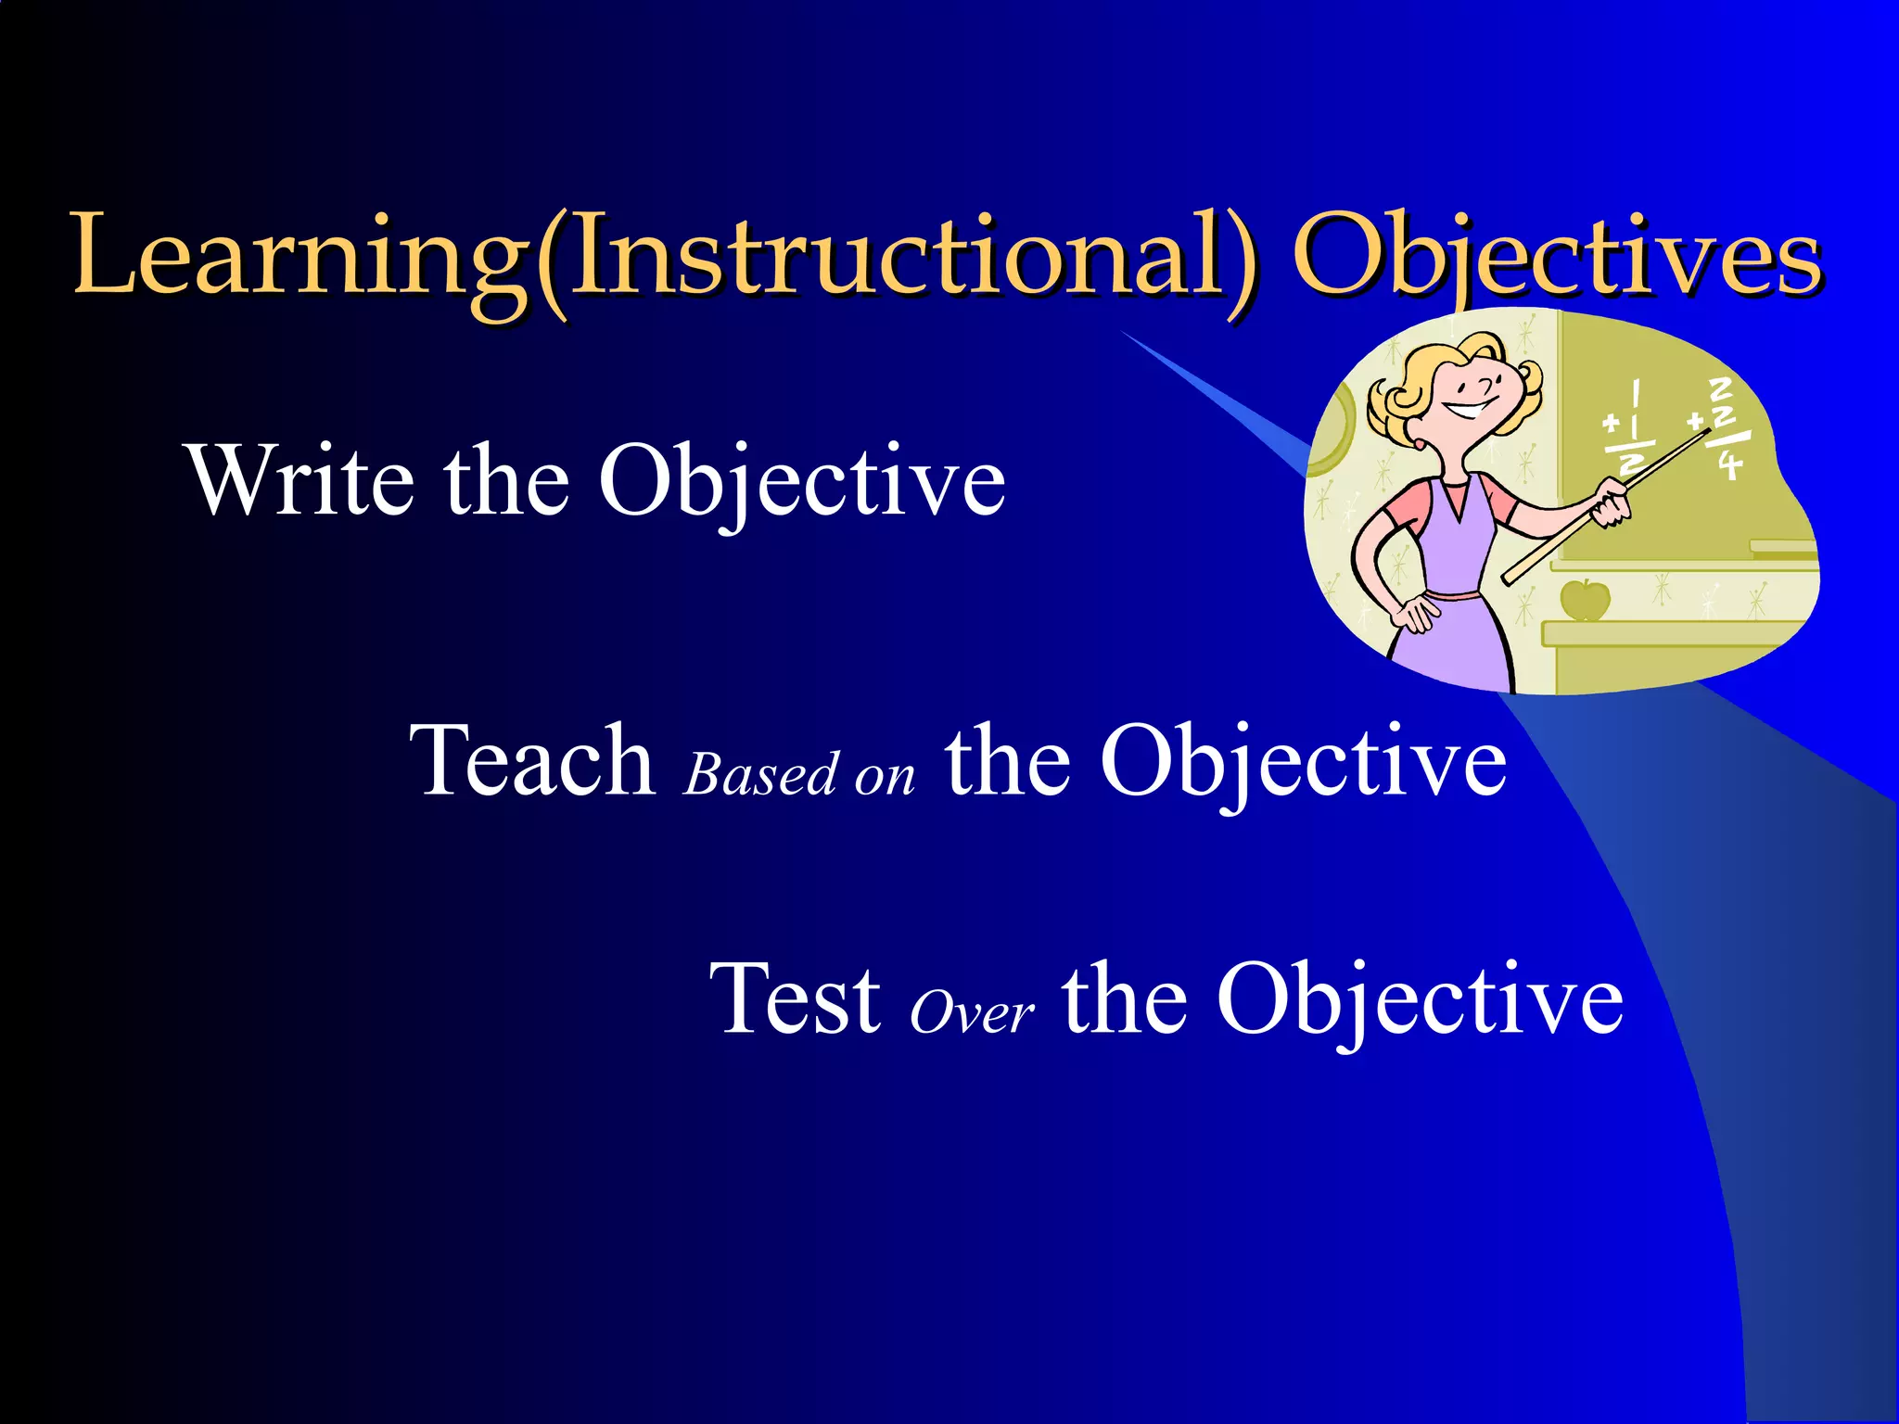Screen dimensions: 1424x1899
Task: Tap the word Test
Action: point(796,998)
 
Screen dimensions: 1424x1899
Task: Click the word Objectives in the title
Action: point(1558,254)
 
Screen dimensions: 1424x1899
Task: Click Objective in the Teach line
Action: point(1303,762)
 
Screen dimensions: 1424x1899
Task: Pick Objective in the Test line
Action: point(1420,999)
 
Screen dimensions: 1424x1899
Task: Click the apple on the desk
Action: point(1585,600)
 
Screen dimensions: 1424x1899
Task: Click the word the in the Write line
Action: point(506,480)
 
